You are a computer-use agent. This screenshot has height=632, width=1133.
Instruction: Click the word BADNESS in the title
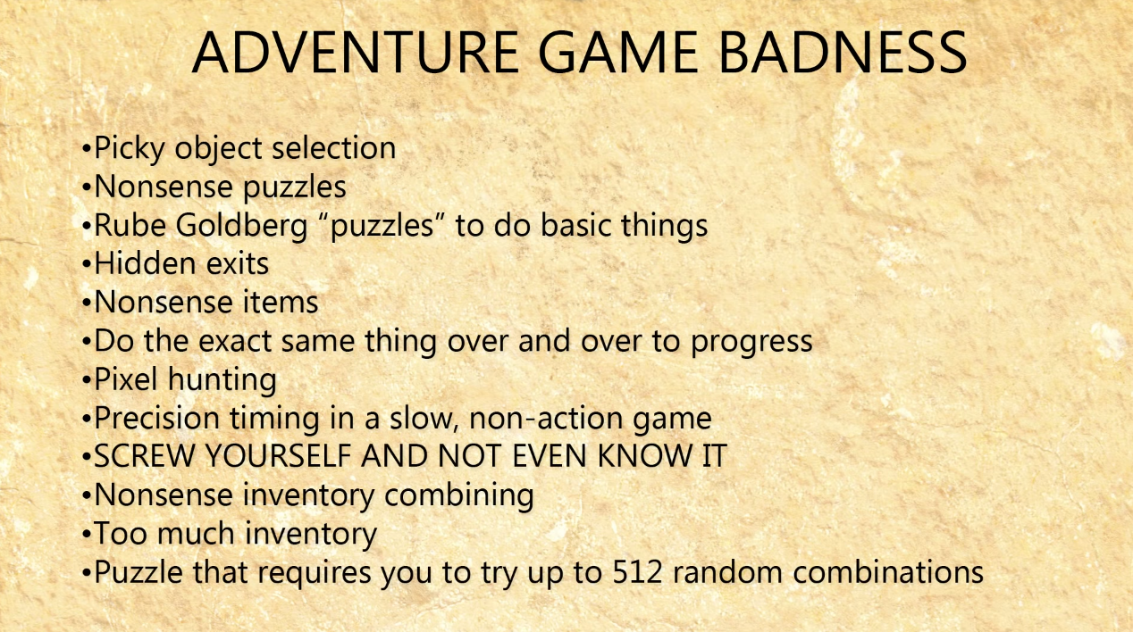pos(843,53)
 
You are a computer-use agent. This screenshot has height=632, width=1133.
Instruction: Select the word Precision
pos(156,418)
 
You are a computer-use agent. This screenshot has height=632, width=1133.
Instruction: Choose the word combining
pos(458,496)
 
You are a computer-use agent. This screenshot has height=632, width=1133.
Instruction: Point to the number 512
pos(637,572)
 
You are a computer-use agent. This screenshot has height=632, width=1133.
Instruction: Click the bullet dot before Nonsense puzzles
pos(86,187)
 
